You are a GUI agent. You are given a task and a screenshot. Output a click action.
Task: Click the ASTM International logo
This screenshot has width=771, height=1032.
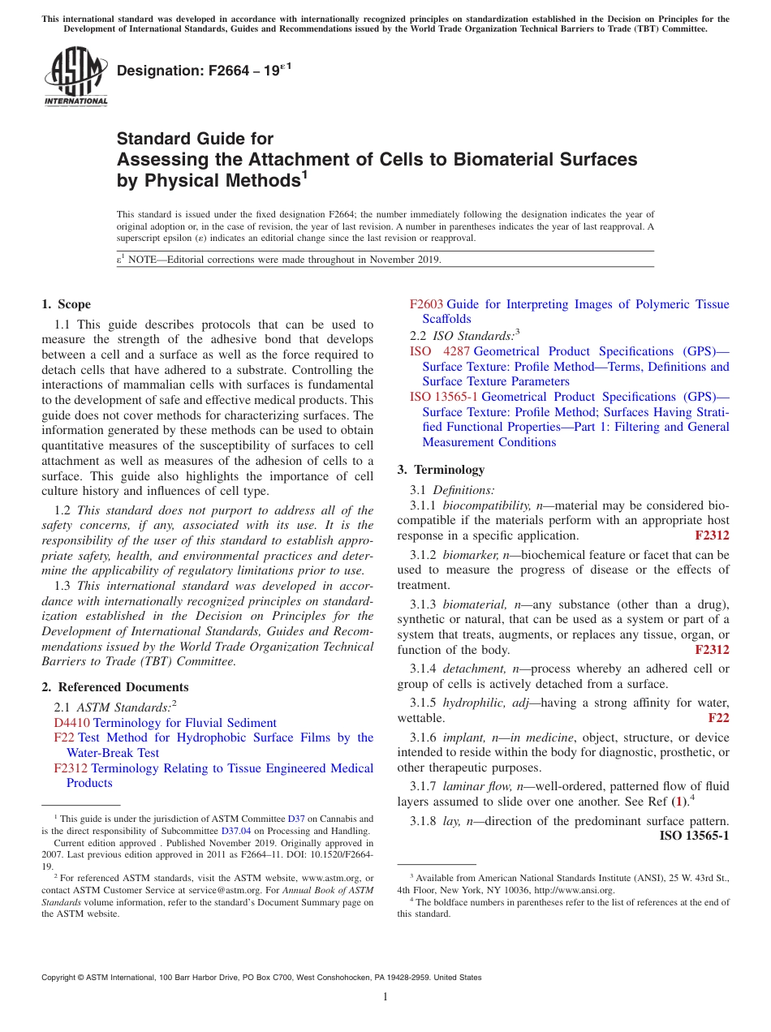click(x=75, y=77)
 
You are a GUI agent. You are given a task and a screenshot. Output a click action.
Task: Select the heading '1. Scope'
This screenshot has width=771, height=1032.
click(x=66, y=304)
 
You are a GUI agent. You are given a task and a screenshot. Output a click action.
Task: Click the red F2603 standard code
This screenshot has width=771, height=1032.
click(x=426, y=304)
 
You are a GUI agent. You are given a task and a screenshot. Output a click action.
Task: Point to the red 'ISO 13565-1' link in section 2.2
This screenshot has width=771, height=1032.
click(x=443, y=397)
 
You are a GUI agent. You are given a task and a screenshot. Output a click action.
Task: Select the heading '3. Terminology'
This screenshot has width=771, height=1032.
click(x=441, y=470)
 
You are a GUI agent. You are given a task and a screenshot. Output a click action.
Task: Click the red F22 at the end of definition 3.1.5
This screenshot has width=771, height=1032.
click(x=718, y=718)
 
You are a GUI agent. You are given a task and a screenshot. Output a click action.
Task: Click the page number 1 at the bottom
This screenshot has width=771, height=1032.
click(x=385, y=997)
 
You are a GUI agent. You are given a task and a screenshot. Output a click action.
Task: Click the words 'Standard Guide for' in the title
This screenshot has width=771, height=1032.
click(x=195, y=139)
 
